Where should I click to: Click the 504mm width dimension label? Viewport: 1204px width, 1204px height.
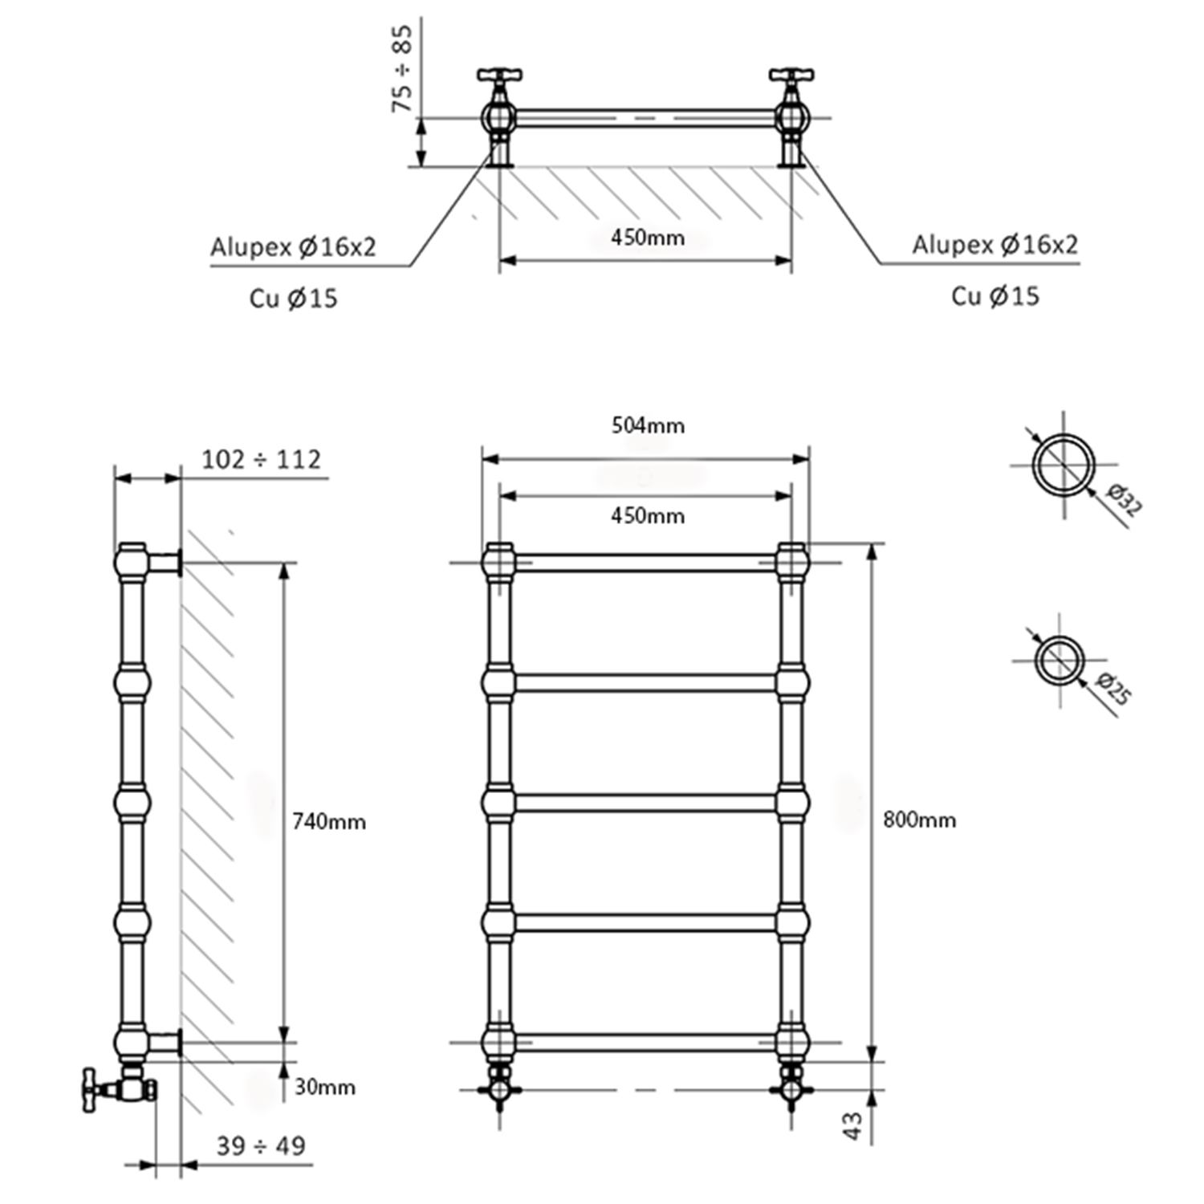(x=648, y=425)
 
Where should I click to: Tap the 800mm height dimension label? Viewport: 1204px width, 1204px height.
(x=919, y=820)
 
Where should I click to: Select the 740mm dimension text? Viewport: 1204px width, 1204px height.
(x=328, y=821)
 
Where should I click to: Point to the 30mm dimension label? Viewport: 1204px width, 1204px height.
(x=324, y=1087)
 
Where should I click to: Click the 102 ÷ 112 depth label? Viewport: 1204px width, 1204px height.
(x=261, y=459)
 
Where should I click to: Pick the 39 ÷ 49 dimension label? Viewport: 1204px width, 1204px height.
(x=261, y=1145)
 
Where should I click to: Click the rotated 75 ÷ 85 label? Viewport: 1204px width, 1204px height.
(x=401, y=68)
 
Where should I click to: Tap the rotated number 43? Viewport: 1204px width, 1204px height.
(x=853, y=1125)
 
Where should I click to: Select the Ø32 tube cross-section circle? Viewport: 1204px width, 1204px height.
(x=1064, y=465)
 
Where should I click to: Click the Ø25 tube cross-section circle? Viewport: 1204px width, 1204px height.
(x=1060, y=661)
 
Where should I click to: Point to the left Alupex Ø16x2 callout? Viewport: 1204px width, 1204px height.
(x=293, y=246)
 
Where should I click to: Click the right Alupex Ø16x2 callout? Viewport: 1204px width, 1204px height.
(x=995, y=244)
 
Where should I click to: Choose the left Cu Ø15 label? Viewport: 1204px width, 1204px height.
(x=293, y=299)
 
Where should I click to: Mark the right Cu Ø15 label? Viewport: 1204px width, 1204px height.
(x=995, y=296)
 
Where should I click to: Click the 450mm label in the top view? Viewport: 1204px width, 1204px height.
(x=648, y=238)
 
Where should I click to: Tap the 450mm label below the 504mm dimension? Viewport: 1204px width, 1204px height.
(x=648, y=515)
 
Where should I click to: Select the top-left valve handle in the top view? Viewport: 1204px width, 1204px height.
(x=499, y=75)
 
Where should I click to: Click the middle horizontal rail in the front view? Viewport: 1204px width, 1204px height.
(x=645, y=803)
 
